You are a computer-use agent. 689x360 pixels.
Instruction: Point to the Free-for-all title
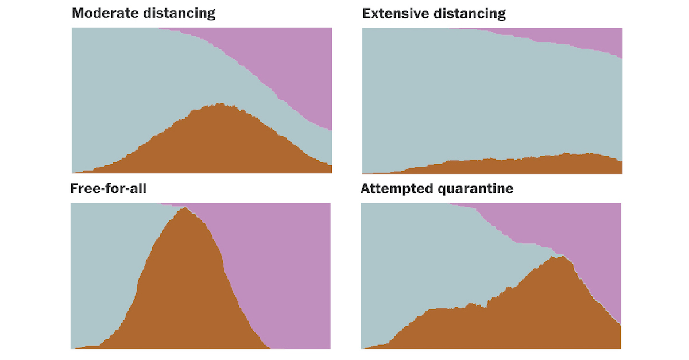pos(108,188)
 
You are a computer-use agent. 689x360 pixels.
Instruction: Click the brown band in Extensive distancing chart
pos(517,165)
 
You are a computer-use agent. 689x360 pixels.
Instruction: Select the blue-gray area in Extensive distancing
pos(488,98)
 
